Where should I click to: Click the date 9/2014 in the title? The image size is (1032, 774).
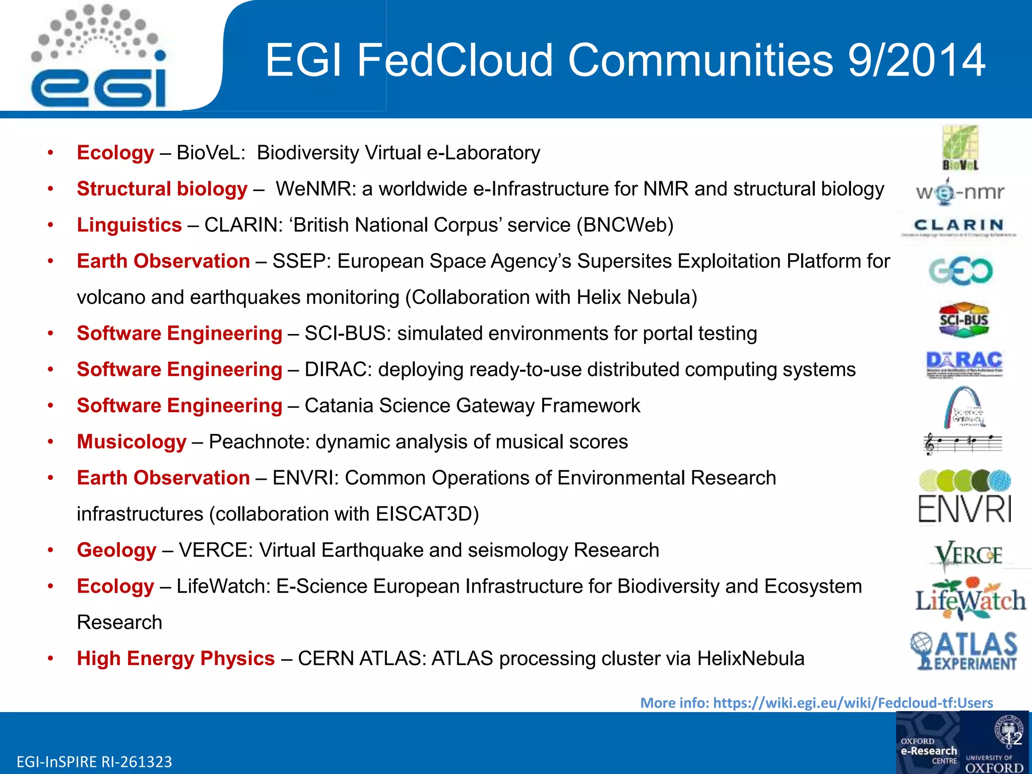point(916,60)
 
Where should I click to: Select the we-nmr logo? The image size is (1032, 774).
point(960,192)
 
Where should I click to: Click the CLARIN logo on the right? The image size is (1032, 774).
point(959,227)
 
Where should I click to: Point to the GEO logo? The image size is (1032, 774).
point(960,271)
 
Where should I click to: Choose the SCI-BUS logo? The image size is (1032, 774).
point(963,320)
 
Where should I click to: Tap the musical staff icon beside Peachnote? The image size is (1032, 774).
point(962,443)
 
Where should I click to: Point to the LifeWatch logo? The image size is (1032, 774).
point(971,600)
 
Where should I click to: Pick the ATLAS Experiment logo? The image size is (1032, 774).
point(964,651)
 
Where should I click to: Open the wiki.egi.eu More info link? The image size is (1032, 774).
point(816,702)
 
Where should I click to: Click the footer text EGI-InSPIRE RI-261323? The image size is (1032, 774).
point(94,761)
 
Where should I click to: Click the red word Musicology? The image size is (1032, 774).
point(132,442)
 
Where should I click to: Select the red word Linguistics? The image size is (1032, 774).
point(129,225)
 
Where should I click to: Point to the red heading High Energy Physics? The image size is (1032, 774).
point(175,659)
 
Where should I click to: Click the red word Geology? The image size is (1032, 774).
point(116,550)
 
